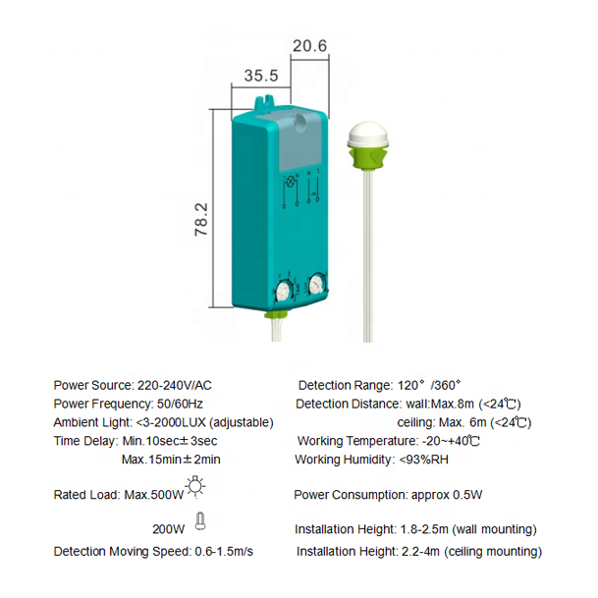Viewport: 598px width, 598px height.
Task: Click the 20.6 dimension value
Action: click(x=309, y=44)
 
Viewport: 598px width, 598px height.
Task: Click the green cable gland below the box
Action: click(x=278, y=316)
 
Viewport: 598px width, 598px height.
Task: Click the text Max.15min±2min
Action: click(x=170, y=459)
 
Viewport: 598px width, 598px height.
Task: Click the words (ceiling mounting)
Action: click(x=492, y=551)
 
